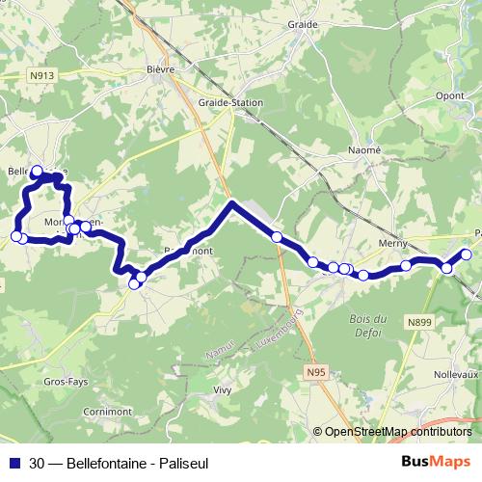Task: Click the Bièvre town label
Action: click(x=160, y=68)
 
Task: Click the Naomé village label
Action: click(x=364, y=149)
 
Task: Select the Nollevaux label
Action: click(x=456, y=372)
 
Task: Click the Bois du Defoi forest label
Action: click(x=368, y=326)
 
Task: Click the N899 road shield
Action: click(x=419, y=322)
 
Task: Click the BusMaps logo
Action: click(x=436, y=461)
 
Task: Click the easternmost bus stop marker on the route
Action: click(x=467, y=254)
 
